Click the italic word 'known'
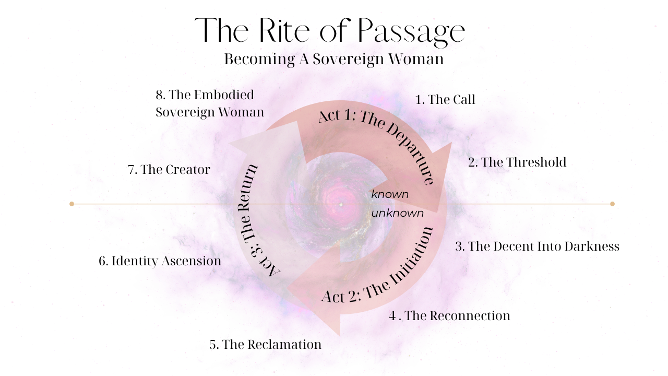point(390,194)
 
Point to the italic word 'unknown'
point(398,213)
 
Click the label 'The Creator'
point(175,170)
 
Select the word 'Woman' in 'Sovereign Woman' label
point(241,112)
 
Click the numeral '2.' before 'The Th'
point(473,162)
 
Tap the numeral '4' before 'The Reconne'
point(392,315)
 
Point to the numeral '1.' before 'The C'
point(420,99)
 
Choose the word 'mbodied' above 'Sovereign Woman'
point(231,95)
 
